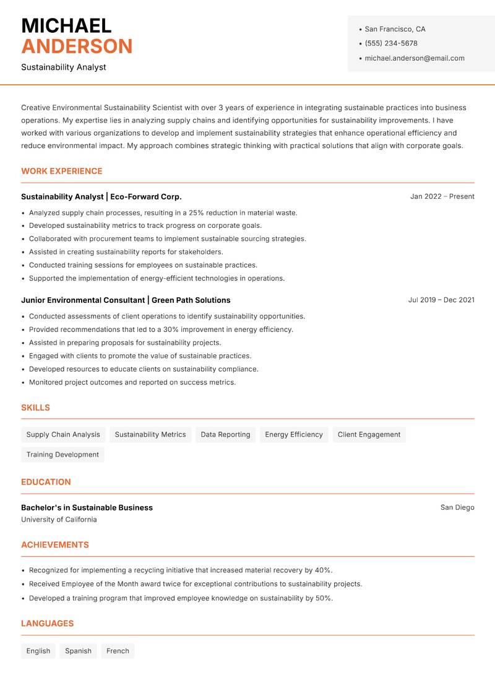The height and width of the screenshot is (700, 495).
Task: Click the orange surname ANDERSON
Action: click(x=77, y=46)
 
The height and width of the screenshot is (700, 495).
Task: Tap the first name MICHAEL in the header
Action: click(x=66, y=25)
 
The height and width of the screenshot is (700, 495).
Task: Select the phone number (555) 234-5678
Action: click(x=391, y=43)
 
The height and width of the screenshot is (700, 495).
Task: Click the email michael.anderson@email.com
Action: click(x=414, y=58)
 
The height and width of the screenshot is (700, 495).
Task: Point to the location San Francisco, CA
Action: click(x=395, y=29)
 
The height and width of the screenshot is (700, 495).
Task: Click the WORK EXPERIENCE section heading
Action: click(x=62, y=171)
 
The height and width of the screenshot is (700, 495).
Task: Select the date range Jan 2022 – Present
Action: click(x=442, y=196)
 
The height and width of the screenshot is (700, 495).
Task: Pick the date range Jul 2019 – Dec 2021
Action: click(x=441, y=300)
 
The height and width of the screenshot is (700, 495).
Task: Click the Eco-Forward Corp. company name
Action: click(x=146, y=196)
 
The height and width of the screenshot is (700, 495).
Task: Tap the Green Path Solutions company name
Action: click(x=191, y=300)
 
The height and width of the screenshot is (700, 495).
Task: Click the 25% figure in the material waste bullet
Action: click(x=196, y=212)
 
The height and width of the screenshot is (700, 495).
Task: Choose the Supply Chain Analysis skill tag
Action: click(x=63, y=434)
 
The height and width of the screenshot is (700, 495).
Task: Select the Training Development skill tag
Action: click(x=62, y=454)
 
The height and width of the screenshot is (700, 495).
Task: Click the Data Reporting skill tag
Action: click(x=225, y=434)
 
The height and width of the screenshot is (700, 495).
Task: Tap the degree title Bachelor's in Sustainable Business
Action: click(x=87, y=507)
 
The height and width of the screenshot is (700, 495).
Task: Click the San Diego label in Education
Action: click(x=457, y=507)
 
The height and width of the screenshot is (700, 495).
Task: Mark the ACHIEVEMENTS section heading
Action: click(x=55, y=545)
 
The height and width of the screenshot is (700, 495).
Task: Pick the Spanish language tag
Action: click(x=78, y=651)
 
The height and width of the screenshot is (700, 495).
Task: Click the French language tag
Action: click(x=118, y=651)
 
